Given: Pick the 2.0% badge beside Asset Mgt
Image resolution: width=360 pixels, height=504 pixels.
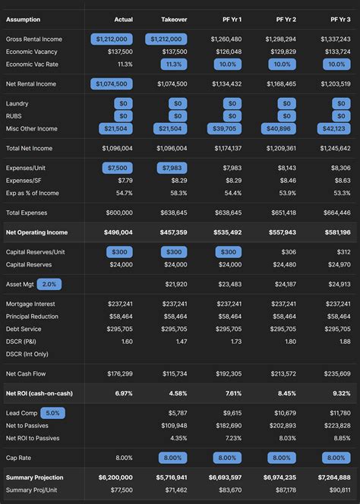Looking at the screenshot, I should (49, 284).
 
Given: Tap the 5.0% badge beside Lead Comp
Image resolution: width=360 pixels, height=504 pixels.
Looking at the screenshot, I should (52, 413).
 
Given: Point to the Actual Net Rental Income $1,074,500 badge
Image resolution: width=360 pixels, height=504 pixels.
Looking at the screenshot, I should (112, 84).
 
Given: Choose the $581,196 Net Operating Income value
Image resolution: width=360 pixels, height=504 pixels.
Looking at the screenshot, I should (335, 232).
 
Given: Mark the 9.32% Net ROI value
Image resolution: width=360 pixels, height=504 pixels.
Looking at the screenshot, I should (341, 393).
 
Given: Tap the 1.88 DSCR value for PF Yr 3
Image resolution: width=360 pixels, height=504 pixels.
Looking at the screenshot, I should (344, 342).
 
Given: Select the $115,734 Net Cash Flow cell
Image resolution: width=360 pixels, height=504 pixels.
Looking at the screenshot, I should (173, 373).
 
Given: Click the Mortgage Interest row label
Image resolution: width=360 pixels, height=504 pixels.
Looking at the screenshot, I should (30, 303).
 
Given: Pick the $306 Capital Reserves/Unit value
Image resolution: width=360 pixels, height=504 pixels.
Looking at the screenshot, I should (289, 251).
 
